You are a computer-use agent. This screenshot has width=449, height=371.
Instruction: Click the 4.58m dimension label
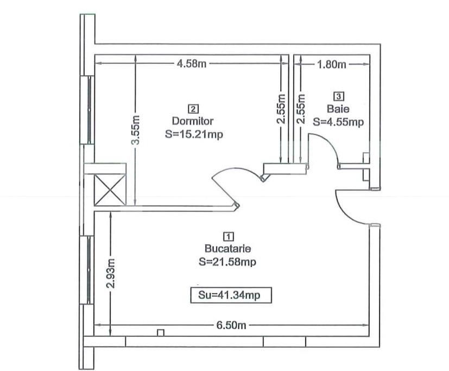tap(191, 63)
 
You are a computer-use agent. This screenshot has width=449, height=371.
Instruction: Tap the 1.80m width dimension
tap(331, 64)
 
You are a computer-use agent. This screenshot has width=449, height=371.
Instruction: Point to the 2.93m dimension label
tap(111, 274)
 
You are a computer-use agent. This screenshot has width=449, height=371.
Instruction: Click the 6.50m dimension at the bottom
tap(231, 325)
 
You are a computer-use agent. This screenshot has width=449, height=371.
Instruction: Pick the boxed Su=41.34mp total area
tap(231, 295)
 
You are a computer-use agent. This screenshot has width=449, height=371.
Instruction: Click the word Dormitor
tap(192, 121)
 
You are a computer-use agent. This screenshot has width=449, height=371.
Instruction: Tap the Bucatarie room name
tap(227, 249)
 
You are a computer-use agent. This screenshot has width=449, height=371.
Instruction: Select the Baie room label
tap(338, 109)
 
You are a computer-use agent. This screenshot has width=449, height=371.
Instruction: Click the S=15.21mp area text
tap(194, 134)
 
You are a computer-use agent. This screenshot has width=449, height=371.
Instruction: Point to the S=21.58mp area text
tap(227, 262)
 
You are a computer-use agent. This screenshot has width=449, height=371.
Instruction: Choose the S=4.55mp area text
tap(338, 122)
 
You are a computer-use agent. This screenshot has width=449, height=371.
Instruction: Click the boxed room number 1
tap(228, 237)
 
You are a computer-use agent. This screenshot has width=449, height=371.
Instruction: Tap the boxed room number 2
tap(193, 109)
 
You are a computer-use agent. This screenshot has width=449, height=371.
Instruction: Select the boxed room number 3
tap(339, 96)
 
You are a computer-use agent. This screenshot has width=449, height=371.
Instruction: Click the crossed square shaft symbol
tap(110, 190)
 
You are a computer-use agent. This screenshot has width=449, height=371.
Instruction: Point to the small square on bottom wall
tap(161, 333)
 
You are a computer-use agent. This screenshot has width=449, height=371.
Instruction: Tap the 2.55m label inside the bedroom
tap(281, 109)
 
